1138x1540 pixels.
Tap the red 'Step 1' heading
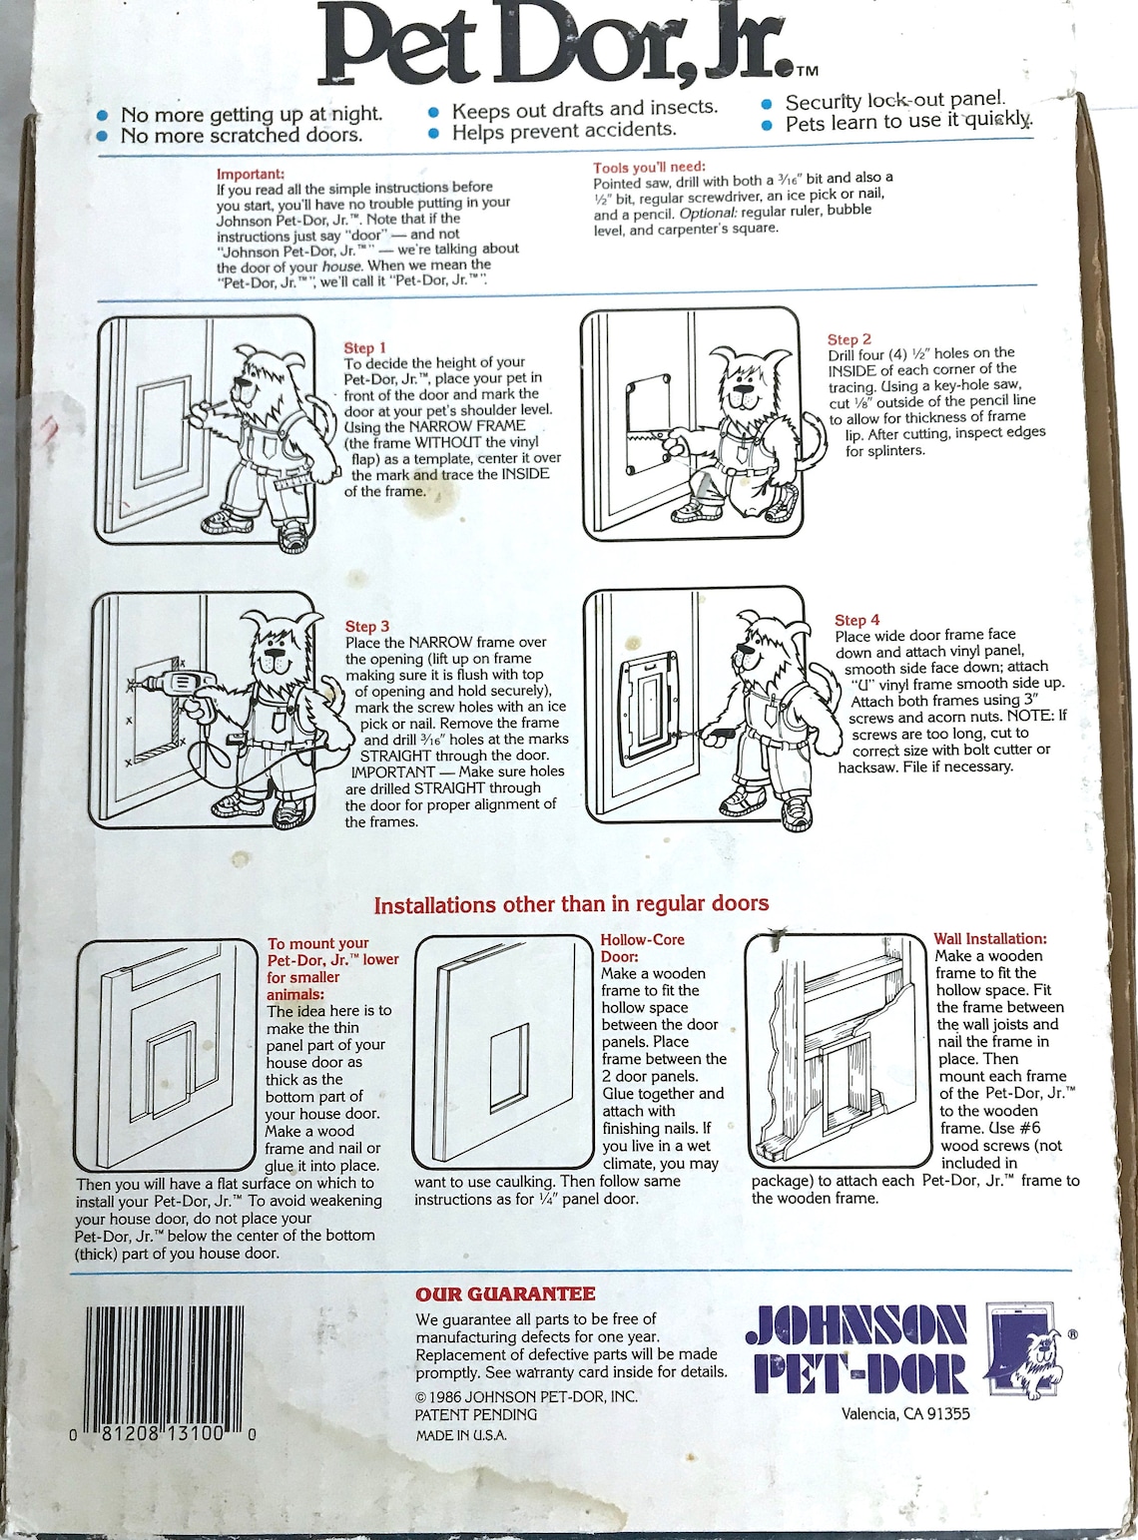point(364,347)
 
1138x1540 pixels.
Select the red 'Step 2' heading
point(849,339)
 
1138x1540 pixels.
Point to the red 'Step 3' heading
point(367,626)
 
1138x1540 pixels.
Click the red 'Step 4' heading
point(856,620)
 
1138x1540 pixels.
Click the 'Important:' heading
point(250,174)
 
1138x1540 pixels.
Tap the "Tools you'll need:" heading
point(649,168)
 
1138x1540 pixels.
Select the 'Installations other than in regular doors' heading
point(571,904)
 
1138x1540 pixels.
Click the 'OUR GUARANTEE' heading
point(505,1294)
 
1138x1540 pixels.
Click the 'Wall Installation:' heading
point(989,938)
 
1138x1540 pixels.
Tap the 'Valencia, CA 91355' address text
point(904,1413)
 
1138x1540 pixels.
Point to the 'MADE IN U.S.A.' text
point(461,1435)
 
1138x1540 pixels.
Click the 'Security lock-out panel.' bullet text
point(894,101)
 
